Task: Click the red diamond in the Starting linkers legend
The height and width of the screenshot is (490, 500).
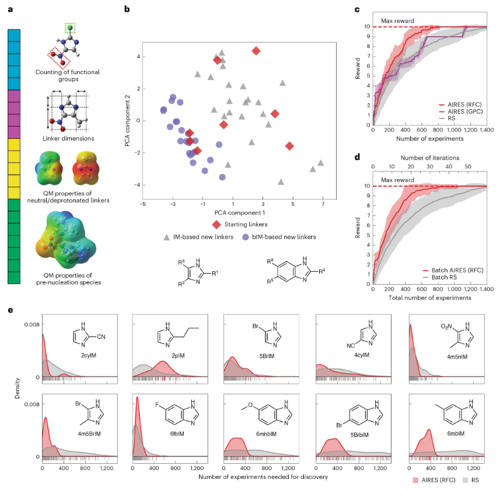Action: point(216,224)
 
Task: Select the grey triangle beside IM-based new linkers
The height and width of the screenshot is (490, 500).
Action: point(166,237)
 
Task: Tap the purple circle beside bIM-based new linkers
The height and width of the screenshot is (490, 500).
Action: point(247,237)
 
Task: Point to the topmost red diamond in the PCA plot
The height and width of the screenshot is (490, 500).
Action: point(256,51)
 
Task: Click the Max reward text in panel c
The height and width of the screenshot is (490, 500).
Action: point(398,21)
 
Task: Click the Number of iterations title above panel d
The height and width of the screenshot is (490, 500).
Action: point(430,157)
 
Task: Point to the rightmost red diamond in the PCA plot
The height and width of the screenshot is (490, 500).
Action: point(290,146)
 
